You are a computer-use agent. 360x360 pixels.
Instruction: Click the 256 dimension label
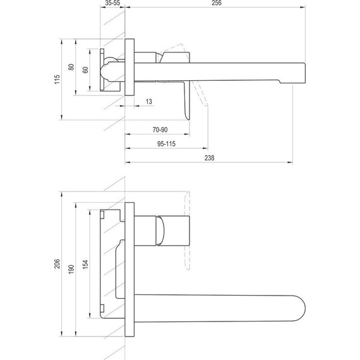(x=217, y=3)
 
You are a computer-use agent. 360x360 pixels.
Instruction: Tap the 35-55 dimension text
(x=112, y=3)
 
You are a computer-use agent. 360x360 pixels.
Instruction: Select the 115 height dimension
(x=57, y=80)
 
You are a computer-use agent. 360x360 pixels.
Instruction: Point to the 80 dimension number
(x=71, y=68)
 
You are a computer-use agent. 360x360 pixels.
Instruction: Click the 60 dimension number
(x=85, y=70)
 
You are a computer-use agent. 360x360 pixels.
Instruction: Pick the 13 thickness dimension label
(x=149, y=102)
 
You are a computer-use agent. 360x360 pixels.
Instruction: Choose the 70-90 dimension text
(x=160, y=129)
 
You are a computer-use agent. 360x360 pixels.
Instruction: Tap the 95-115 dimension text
(x=166, y=144)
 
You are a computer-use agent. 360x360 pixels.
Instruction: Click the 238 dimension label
(x=209, y=158)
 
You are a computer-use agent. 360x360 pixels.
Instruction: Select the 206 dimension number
(x=57, y=263)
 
